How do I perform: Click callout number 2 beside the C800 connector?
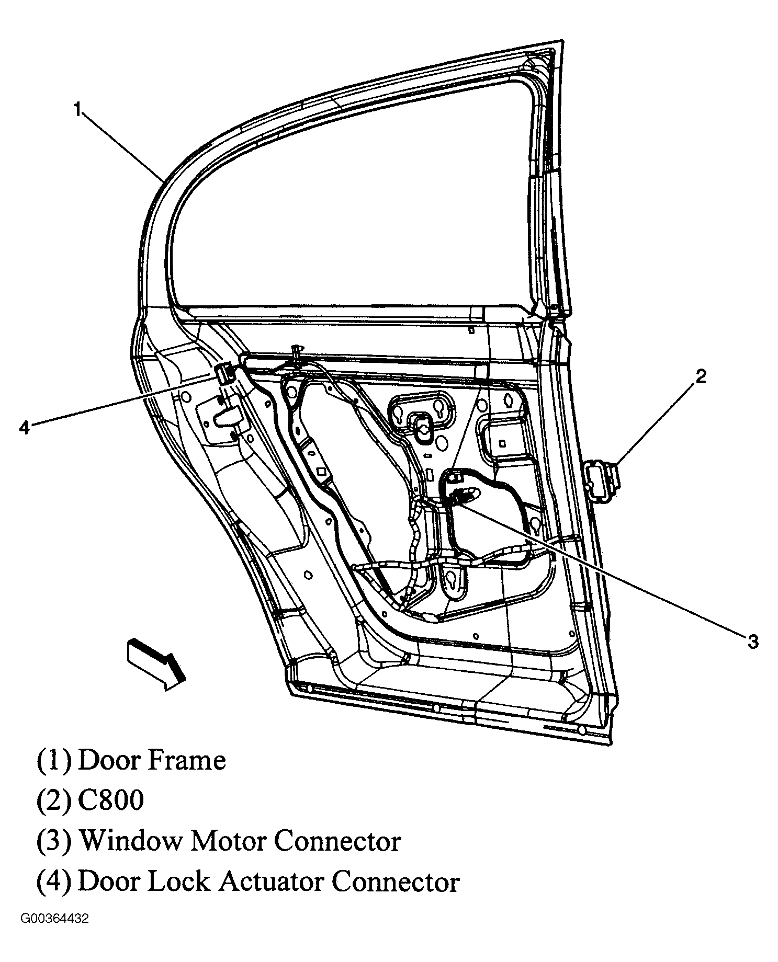[x=701, y=376]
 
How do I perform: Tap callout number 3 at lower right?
[x=752, y=641]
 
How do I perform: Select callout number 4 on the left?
[x=24, y=427]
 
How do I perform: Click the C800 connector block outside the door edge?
[x=601, y=481]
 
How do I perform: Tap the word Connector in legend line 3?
[x=337, y=841]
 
